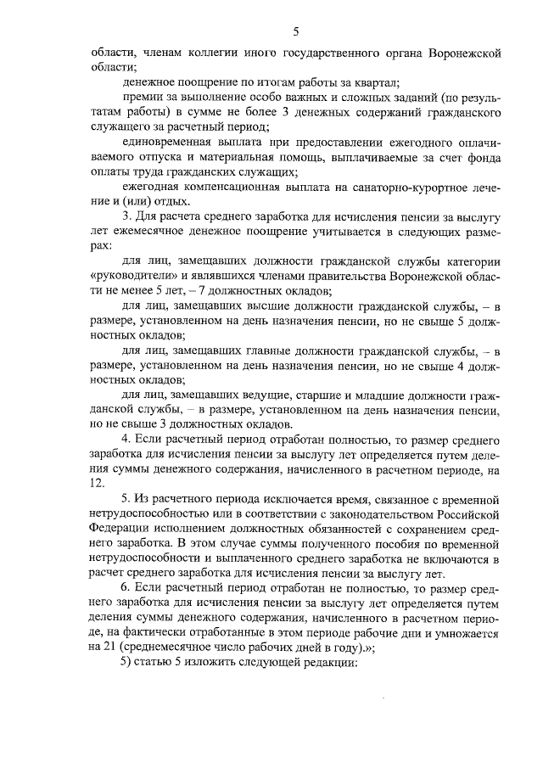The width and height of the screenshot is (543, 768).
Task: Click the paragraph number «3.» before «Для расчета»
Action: tap(127, 216)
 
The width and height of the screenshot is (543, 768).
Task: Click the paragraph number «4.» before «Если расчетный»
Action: tap(127, 439)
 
